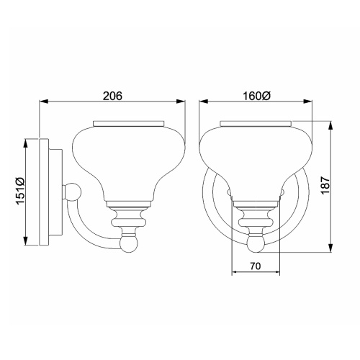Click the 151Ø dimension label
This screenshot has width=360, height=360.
(x=19, y=192)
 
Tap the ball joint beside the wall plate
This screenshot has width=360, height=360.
(x=72, y=192)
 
